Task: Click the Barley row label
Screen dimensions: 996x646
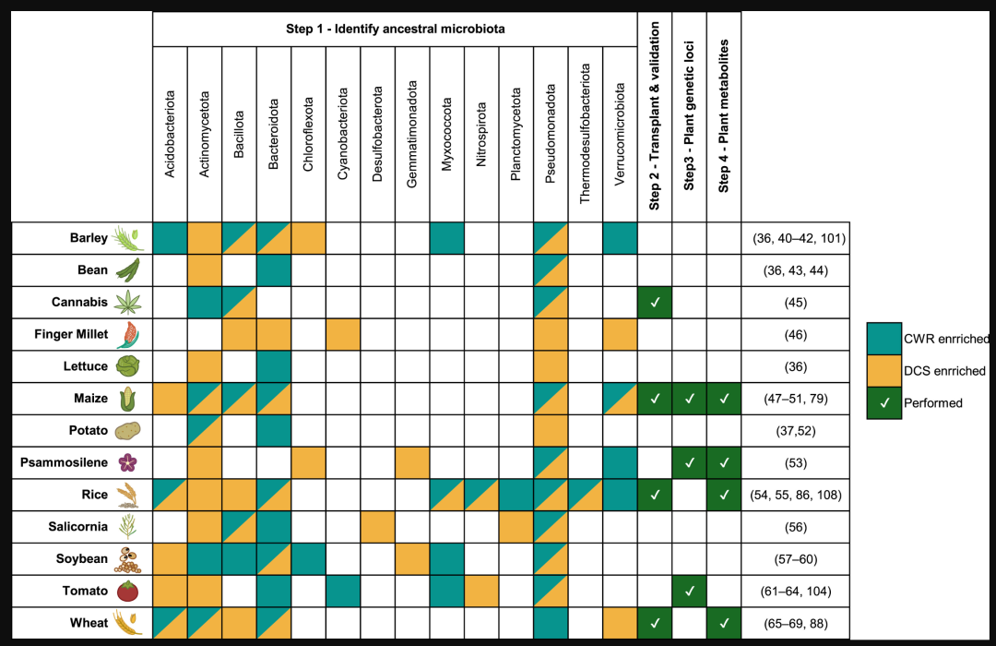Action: pos(89,238)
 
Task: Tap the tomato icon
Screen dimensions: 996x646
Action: pos(127,592)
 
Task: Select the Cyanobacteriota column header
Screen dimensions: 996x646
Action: pos(343,134)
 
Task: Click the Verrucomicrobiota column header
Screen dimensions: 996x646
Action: pos(620,134)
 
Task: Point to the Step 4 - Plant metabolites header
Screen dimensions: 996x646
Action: pos(724,115)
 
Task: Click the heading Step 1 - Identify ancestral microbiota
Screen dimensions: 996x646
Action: pos(395,29)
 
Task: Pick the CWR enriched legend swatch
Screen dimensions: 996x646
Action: pos(884,339)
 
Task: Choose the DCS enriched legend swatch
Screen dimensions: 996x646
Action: pos(884,371)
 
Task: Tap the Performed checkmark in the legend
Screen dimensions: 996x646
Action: pos(884,403)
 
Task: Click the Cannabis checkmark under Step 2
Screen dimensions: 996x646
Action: pos(655,302)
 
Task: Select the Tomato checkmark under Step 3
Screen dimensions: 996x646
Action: pos(689,592)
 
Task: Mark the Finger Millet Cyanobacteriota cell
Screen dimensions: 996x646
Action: pos(343,334)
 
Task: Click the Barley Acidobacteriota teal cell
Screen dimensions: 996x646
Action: pos(171,238)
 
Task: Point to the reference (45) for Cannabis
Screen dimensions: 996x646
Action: pos(795,303)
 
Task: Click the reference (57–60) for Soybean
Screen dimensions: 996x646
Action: pos(795,559)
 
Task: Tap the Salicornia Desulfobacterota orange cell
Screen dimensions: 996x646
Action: pos(377,527)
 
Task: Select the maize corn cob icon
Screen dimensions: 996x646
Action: pos(127,399)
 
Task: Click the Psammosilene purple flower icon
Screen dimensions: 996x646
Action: pos(127,462)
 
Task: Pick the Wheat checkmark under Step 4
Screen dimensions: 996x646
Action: pos(724,623)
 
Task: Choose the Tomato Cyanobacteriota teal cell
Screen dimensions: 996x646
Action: pos(343,592)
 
